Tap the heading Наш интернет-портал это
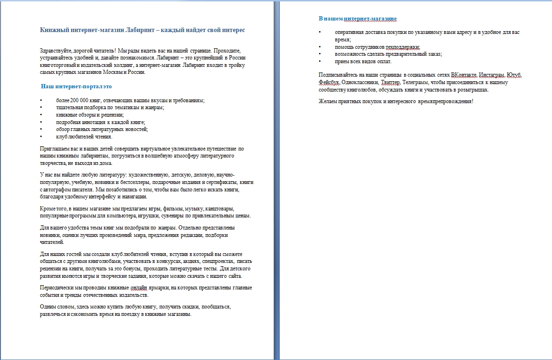pyautogui.click(x=76, y=86)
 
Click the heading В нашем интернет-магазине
pyautogui.click(x=357, y=19)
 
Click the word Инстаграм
pyautogui.click(x=492, y=75)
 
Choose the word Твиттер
pyautogui.click(x=390, y=82)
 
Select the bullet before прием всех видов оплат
pyautogui.click(x=320, y=61)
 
